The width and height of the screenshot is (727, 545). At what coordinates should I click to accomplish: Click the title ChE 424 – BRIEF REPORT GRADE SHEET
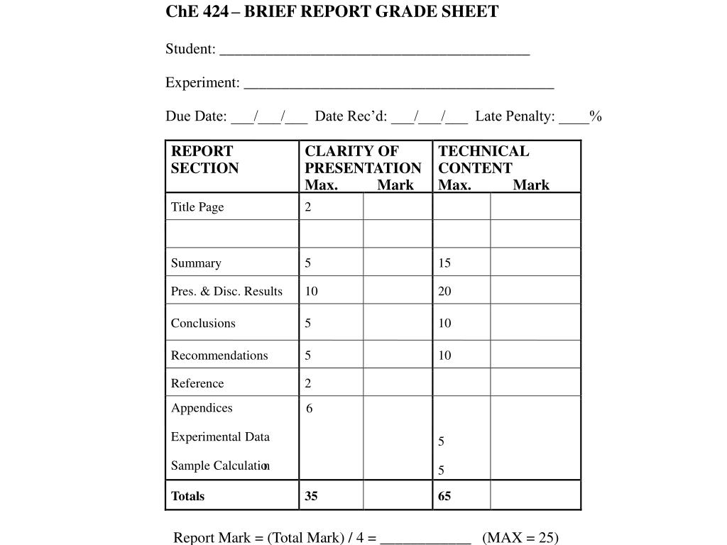click(x=332, y=12)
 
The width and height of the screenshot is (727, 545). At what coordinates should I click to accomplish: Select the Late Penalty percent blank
click(x=574, y=119)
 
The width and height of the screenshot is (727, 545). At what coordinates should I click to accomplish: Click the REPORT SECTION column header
click(x=204, y=160)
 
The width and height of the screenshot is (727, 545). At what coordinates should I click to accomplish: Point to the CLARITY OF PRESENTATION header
click(x=363, y=160)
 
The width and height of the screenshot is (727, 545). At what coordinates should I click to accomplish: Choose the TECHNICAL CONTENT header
click(x=483, y=160)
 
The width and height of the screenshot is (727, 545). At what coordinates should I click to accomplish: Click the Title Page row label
click(x=197, y=207)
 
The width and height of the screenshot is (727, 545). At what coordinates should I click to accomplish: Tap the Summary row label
click(x=196, y=263)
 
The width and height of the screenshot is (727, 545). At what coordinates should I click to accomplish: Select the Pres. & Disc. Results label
click(x=226, y=292)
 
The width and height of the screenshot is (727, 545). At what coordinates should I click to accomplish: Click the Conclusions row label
click(x=203, y=324)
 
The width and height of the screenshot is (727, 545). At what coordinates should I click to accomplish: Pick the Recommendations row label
click(x=219, y=356)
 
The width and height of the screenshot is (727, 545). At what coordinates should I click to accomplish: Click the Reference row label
click(x=197, y=384)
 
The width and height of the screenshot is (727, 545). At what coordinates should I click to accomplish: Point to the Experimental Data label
click(x=220, y=437)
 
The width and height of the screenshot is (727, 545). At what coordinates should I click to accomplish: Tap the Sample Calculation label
click(x=220, y=466)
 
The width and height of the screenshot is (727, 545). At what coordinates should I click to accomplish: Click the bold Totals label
click(x=187, y=497)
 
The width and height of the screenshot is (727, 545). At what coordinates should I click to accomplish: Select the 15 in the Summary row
click(x=444, y=263)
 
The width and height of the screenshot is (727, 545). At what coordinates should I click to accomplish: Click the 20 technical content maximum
click(x=444, y=292)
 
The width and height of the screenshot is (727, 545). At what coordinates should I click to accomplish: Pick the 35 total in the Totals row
click(x=312, y=497)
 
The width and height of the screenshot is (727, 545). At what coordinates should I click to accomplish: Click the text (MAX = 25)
click(x=520, y=537)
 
